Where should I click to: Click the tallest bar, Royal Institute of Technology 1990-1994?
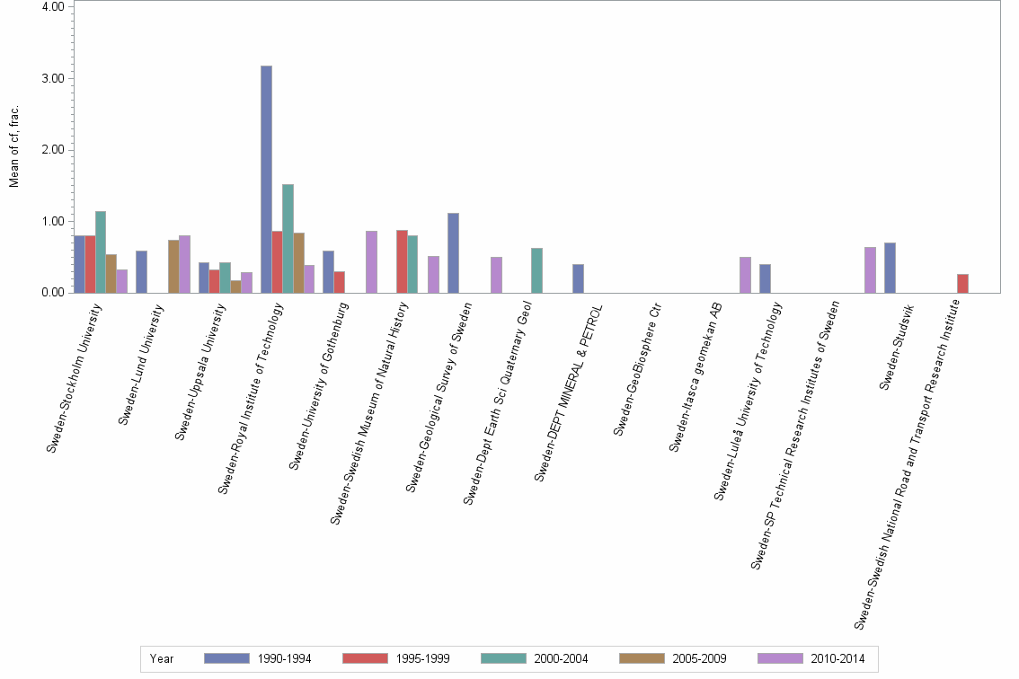(x=266, y=180)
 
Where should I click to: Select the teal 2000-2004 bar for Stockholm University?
(x=101, y=252)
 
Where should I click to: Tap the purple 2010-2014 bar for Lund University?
(x=184, y=264)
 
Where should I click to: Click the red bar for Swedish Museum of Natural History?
(x=402, y=261)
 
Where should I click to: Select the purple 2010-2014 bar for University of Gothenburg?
(x=371, y=262)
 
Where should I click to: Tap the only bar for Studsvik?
(x=890, y=268)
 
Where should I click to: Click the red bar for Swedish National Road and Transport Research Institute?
(x=962, y=283)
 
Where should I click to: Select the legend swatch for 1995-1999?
(x=366, y=658)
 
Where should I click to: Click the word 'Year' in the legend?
(x=162, y=658)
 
